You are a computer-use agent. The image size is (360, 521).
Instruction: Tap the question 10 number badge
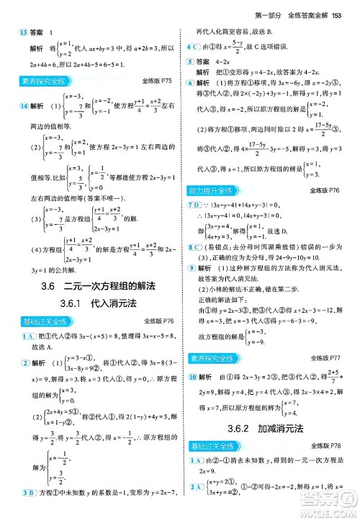tap(192, 376)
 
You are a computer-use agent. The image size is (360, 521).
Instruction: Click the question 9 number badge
tap(191, 268)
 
